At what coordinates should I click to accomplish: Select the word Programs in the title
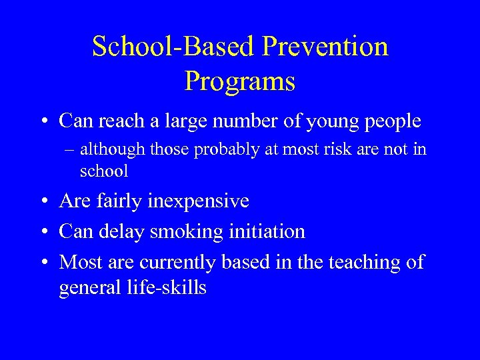click(x=240, y=81)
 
